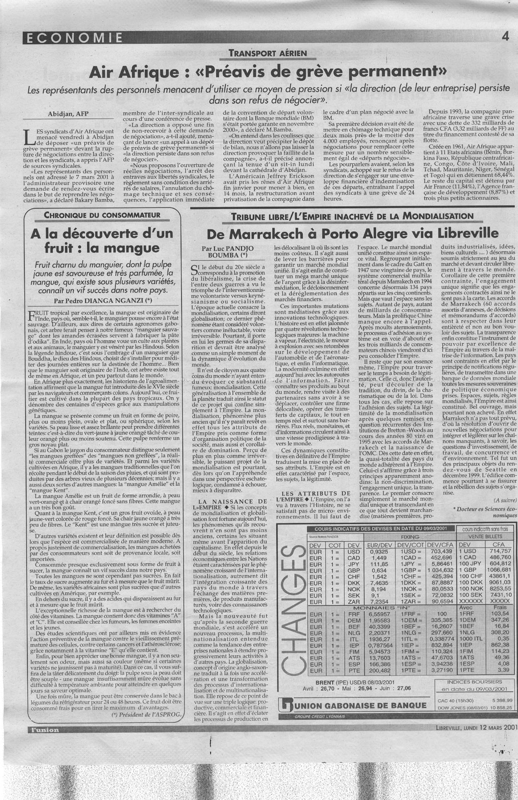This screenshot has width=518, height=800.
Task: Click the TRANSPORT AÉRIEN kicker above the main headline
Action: click(x=268, y=53)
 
